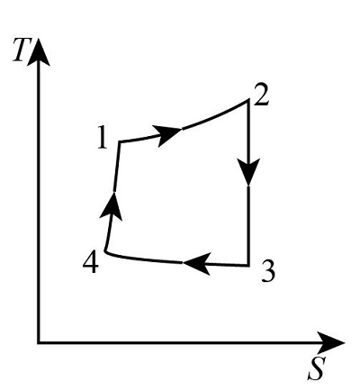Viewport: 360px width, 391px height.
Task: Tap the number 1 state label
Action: pyautogui.click(x=102, y=138)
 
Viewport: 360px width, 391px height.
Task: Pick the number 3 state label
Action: pyautogui.click(x=266, y=271)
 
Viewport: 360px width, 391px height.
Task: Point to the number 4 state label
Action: pyautogui.click(x=89, y=262)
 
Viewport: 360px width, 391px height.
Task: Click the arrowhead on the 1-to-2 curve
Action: pyautogui.click(x=168, y=134)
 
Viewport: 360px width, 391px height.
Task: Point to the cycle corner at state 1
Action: pyautogui.click(x=120, y=141)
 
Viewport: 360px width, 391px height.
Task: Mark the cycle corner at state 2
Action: pyautogui.click(x=247, y=100)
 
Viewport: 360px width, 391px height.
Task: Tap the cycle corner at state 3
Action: pyautogui.click(x=247, y=265)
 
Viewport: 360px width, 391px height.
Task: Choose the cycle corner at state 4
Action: pyautogui.click(x=106, y=255)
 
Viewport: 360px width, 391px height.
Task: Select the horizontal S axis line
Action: pyautogui.click(x=180, y=342)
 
